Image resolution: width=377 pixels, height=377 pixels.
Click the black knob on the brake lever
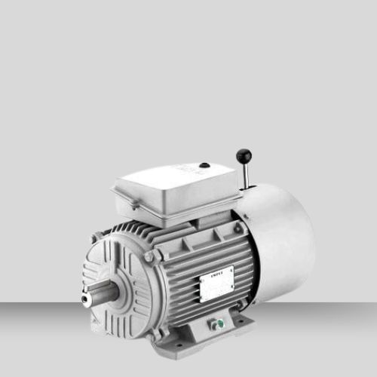pos(244,155)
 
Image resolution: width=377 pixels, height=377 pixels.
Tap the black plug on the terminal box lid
pos(204,164)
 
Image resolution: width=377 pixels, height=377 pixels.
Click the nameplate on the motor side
pos(216,281)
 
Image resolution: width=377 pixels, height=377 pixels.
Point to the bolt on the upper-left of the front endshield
pos(94,239)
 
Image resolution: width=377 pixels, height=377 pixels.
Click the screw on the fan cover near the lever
pos(240,226)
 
